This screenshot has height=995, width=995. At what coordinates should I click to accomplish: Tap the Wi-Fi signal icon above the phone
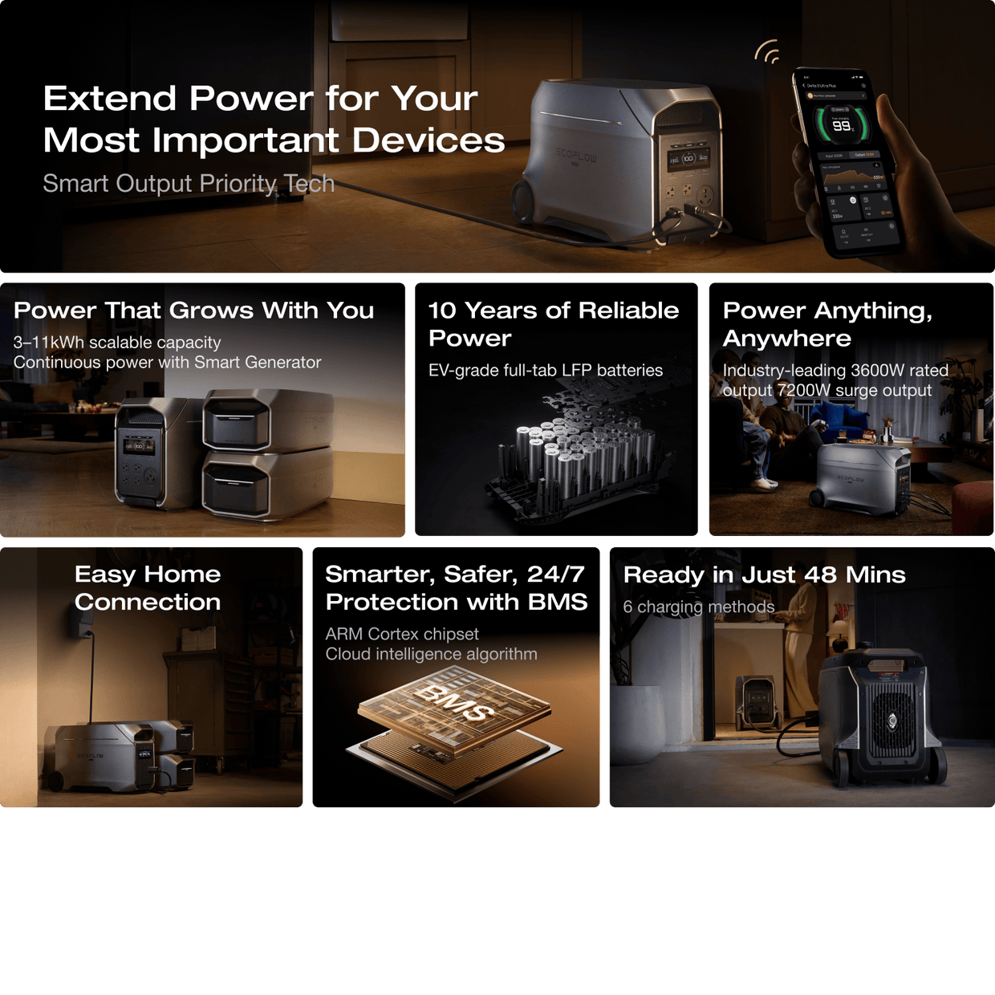click(768, 53)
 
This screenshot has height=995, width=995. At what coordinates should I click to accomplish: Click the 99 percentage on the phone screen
click(841, 125)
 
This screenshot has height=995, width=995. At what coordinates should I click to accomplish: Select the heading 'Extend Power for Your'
click(260, 99)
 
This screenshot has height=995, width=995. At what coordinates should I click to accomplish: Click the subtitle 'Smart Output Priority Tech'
click(188, 184)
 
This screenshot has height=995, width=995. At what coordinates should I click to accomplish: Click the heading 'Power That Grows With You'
click(193, 311)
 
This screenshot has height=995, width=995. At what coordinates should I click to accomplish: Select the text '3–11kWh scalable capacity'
click(117, 343)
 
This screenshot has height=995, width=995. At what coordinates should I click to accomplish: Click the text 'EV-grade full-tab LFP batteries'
click(545, 371)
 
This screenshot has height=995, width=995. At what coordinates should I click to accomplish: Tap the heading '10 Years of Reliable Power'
click(553, 323)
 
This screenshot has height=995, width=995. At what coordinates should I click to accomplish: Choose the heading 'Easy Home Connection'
click(148, 588)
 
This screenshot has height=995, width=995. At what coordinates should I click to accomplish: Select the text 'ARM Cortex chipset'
click(401, 634)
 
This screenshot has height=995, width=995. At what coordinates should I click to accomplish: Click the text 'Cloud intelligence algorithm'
click(431, 654)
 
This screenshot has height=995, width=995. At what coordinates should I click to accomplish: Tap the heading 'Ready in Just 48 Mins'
click(764, 575)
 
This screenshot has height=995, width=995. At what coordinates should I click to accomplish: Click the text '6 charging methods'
click(698, 607)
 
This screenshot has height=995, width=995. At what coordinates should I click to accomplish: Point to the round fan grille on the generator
click(892, 719)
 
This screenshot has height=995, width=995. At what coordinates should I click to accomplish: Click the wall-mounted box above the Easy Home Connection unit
click(83, 623)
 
